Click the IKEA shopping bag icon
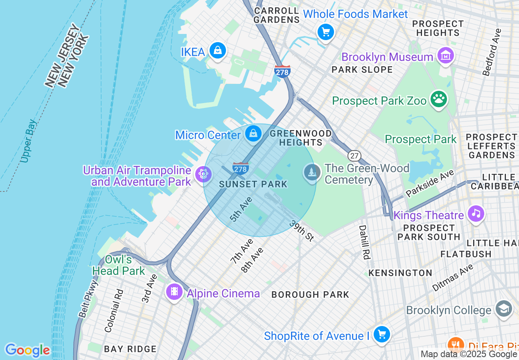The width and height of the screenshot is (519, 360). (218, 51)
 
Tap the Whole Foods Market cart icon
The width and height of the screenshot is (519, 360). (326, 32)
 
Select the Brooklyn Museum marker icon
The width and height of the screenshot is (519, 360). (446, 56)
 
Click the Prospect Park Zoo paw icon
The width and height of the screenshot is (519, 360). (439, 99)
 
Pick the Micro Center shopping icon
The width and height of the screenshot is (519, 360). (253, 133)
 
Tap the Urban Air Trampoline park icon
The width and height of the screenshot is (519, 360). (203, 174)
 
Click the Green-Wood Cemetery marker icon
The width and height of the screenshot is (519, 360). (312, 172)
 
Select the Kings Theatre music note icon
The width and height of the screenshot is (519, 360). (476, 214)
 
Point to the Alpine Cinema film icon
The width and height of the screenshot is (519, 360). (175, 292)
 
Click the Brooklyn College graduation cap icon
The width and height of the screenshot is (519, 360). (503, 309)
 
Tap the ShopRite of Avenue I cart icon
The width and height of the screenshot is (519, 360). (382, 335)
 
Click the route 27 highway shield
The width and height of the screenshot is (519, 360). (354, 155)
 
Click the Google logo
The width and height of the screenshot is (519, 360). (27, 350)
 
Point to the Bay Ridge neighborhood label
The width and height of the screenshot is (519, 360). (130, 349)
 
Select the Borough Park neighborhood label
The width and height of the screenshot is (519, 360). (310, 295)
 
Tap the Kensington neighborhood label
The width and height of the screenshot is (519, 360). (400, 273)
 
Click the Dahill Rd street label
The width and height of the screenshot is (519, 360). (364, 242)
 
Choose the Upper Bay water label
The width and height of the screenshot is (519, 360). (29, 141)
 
